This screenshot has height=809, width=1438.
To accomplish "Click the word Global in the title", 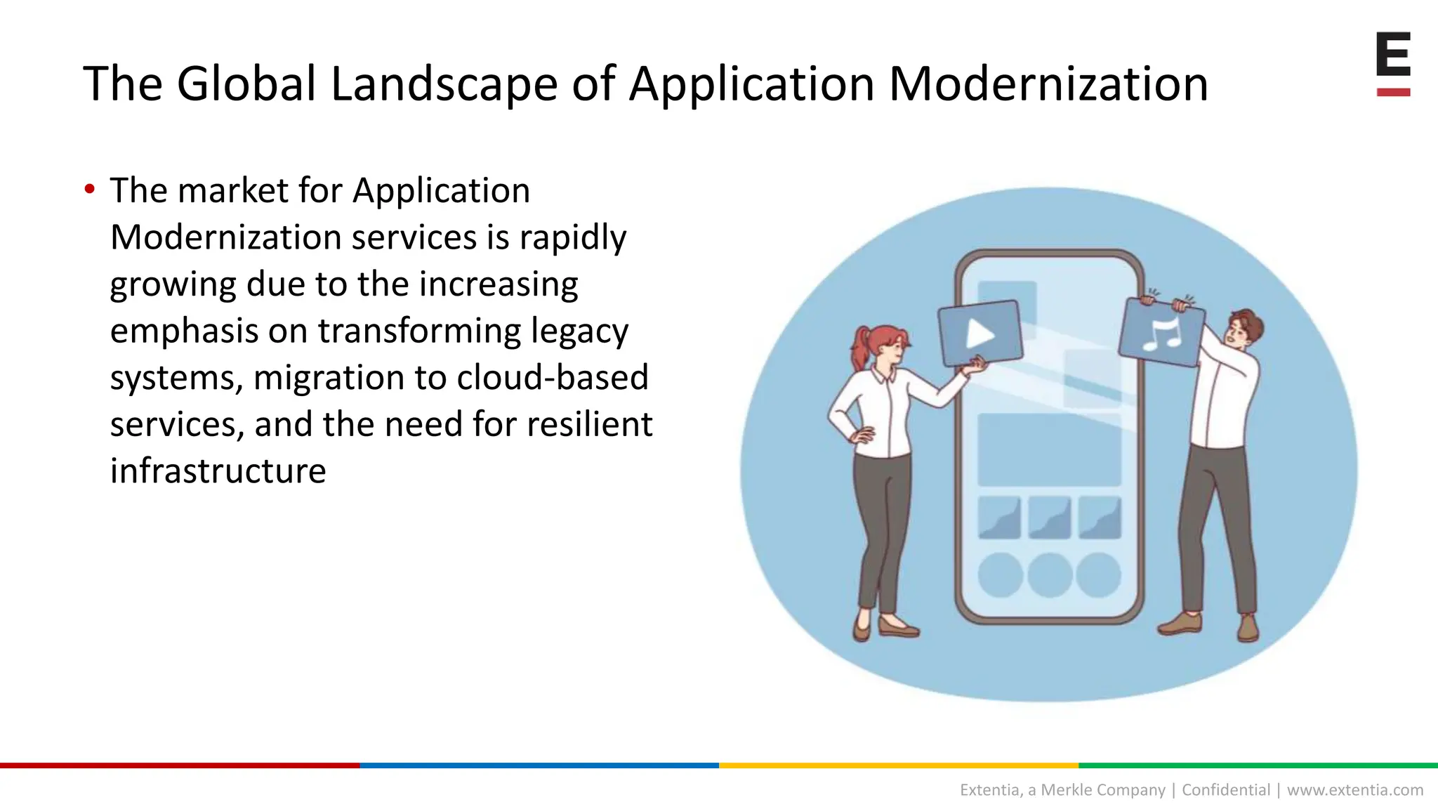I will (246, 84).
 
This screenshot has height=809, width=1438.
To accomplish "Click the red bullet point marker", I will (89, 189).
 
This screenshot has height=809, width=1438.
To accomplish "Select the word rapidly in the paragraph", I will (572, 237).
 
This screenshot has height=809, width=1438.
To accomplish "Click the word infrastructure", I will (218, 471).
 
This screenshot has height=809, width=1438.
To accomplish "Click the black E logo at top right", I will (1393, 54).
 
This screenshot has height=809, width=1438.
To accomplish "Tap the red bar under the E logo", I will (1393, 92).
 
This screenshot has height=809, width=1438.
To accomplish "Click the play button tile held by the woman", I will (980, 334).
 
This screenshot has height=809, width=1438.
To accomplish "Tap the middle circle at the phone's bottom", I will (1049, 574).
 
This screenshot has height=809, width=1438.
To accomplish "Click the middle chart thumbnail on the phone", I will (1049, 518).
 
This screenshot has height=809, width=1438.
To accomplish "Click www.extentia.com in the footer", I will (1354, 790).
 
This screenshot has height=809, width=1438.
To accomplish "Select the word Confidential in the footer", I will (1225, 790).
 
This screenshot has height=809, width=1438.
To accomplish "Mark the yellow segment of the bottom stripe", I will (899, 765).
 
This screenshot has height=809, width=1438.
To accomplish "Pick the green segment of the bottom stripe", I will (1258, 765).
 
